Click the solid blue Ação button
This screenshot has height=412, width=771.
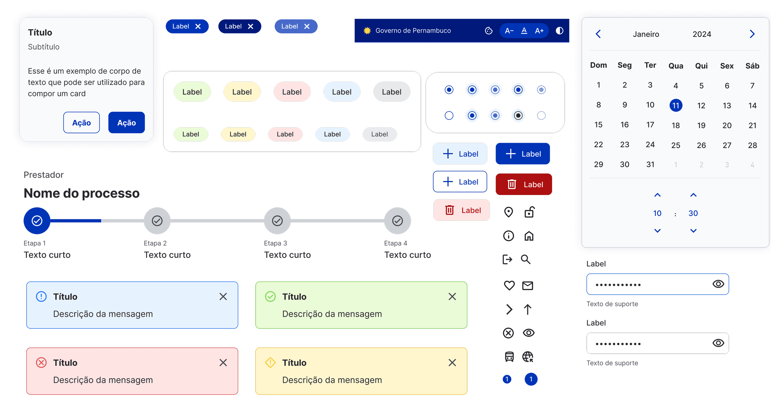pyautogui.click(x=126, y=123)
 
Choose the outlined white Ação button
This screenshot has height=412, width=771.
pyautogui.click(x=81, y=123)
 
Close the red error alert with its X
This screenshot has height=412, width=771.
pyautogui.click(x=223, y=363)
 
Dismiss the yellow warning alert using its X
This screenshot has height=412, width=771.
pyautogui.click(x=452, y=363)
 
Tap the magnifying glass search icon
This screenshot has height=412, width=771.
pyautogui.click(x=526, y=259)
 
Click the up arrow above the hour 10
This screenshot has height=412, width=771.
pyautogui.click(x=657, y=195)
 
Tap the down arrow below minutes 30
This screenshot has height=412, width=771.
pyautogui.click(x=693, y=231)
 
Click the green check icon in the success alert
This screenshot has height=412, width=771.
pyautogui.click(x=270, y=297)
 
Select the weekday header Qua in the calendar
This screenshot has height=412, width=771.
pyautogui.click(x=675, y=66)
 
